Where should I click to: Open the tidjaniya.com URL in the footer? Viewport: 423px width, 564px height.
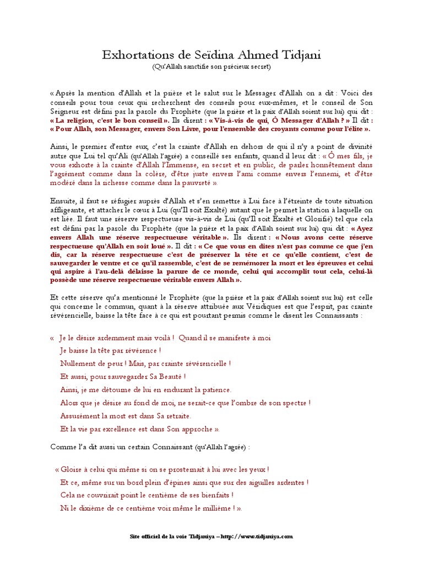[x=259, y=536]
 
